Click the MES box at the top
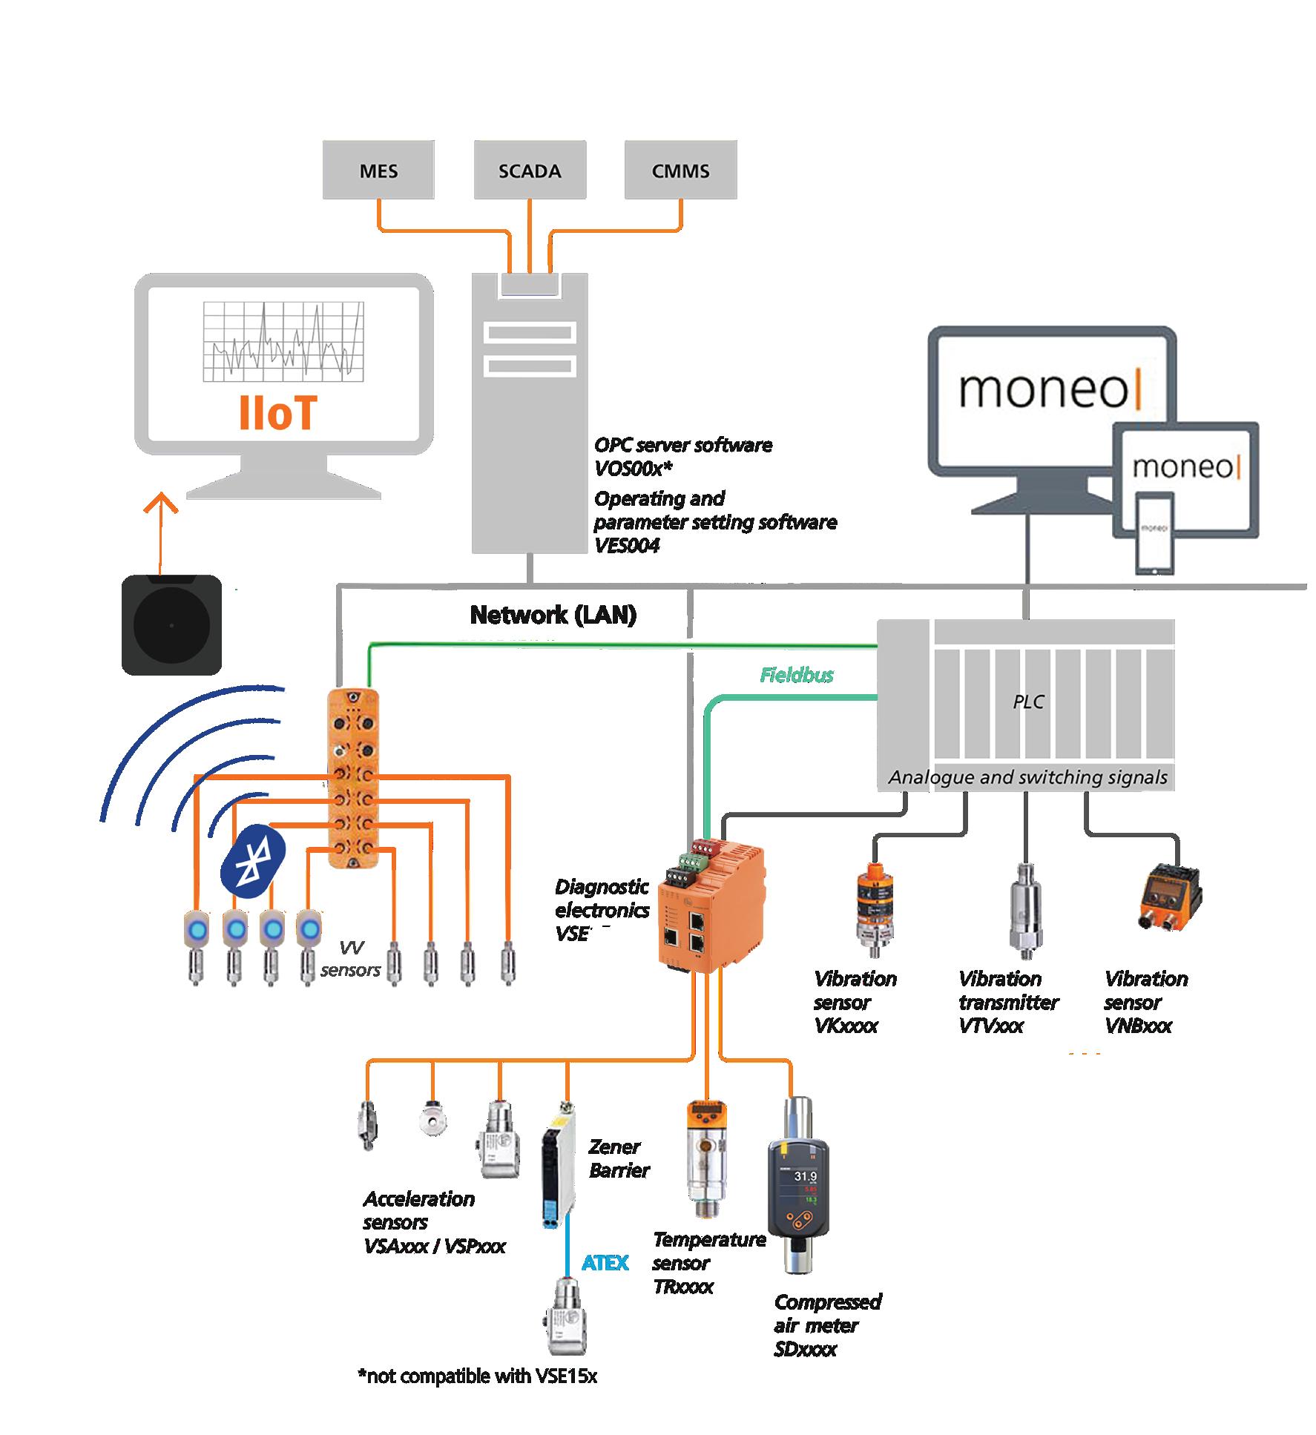click(378, 171)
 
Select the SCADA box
click(530, 171)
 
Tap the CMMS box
click(680, 171)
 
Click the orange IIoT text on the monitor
click(277, 413)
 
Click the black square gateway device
click(171, 624)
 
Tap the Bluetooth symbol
click(253, 859)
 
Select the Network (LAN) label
click(553, 614)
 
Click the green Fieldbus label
click(796, 675)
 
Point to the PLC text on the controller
click(1028, 702)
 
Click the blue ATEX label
click(605, 1262)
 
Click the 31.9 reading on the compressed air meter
click(805, 1176)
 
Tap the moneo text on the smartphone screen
click(1155, 529)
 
